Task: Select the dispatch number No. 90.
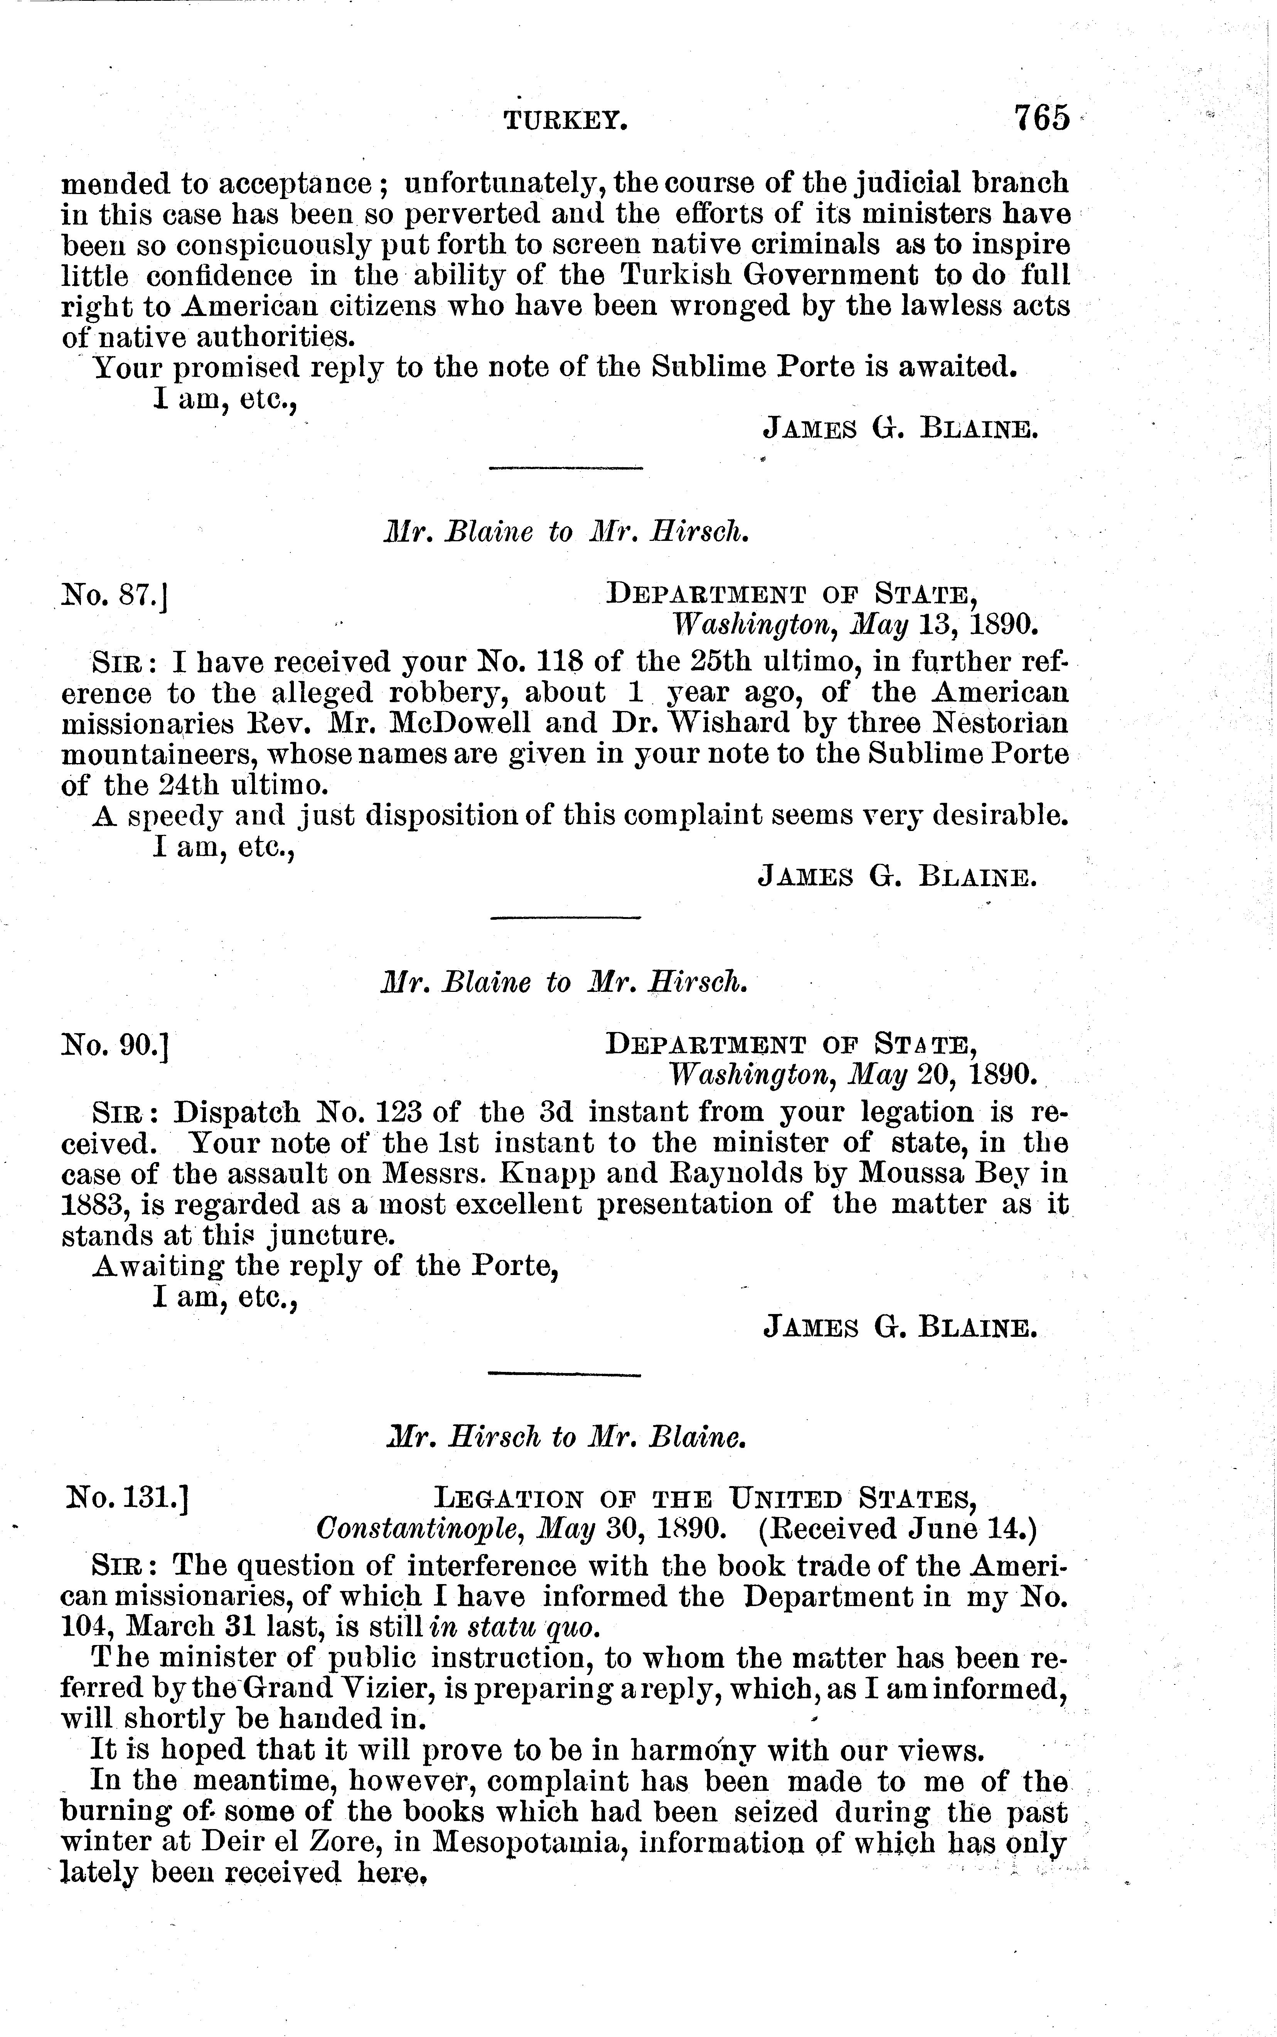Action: click(x=116, y=1046)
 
